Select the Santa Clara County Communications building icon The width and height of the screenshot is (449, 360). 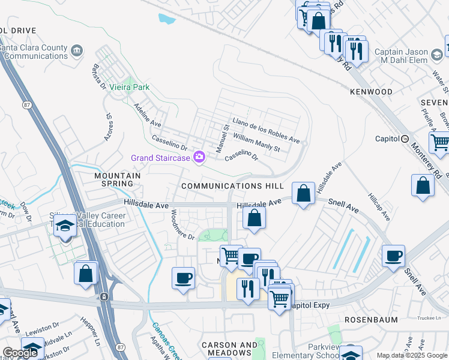77,49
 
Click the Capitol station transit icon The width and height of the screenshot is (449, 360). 405,139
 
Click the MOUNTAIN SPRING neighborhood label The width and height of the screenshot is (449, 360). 117,179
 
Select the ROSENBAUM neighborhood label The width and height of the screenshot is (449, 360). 372,320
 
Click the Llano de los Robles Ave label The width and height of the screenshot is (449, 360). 266,130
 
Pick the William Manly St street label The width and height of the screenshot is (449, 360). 257,142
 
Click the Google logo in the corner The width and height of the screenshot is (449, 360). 20,353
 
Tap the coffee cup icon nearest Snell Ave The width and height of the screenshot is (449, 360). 394,256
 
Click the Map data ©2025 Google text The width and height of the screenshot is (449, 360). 412,355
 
